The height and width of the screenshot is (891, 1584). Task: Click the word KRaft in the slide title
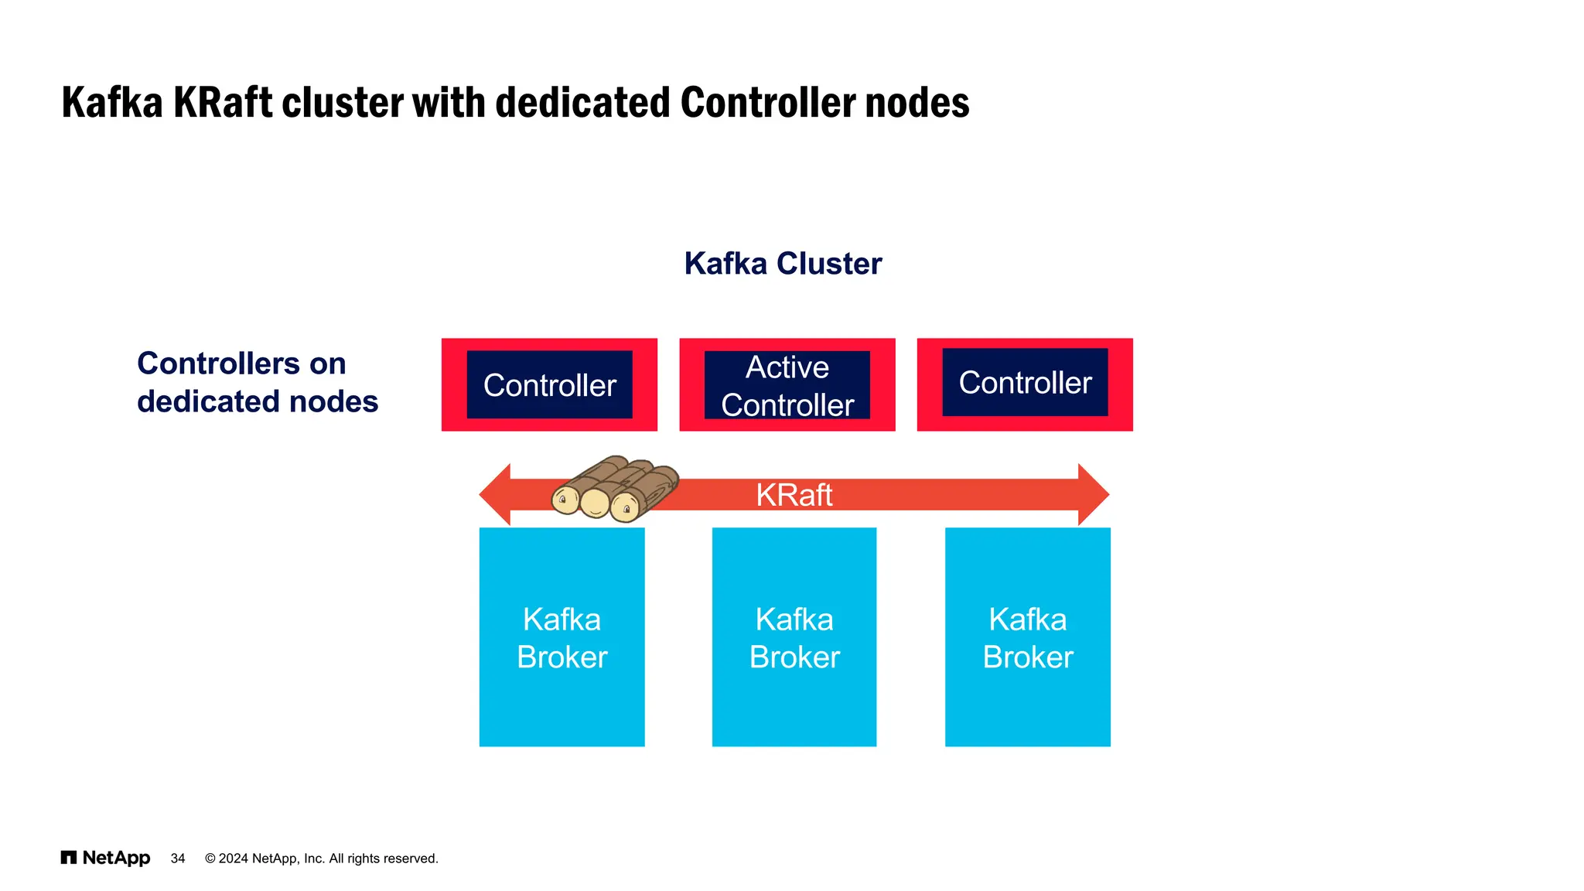click(x=223, y=103)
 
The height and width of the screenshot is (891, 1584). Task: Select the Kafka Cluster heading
click(x=783, y=264)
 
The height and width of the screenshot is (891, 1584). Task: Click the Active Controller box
click(x=787, y=385)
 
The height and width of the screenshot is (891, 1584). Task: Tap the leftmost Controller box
click(x=549, y=385)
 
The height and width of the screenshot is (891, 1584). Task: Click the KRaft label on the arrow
click(x=794, y=495)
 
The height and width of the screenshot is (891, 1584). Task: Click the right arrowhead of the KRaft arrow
click(x=1092, y=495)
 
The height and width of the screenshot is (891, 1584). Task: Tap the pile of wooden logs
click(x=615, y=489)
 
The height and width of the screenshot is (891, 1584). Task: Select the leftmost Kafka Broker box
click(x=562, y=637)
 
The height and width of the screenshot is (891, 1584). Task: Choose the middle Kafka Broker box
click(x=794, y=637)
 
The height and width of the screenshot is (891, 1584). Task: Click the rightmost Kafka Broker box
click(x=1027, y=637)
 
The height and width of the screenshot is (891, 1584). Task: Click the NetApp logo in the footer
click(x=106, y=858)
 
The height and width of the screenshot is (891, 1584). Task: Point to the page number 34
click(x=178, y=859)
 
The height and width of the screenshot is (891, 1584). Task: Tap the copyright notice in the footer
click(x=321, y=859)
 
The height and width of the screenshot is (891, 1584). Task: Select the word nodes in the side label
click(x=333, y=401)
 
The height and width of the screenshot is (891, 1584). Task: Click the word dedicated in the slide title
click(x=582, y=103)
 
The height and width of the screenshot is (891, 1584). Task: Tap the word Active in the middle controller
click(x=787, y=367)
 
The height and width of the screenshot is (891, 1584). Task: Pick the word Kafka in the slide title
click(x=112, y=103)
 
